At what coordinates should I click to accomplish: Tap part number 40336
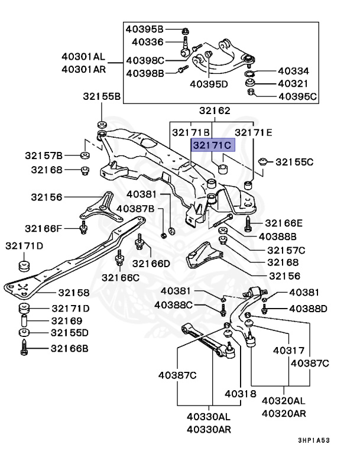point(147,41)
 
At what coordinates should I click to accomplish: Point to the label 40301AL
point(83,57)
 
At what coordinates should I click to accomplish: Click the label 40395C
point(298,96)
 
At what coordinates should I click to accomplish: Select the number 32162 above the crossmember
point(214,111)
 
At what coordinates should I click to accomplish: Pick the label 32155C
point(294,161)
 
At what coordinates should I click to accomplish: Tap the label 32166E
point(283,223)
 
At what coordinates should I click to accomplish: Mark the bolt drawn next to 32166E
point(248,223)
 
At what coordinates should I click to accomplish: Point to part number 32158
point(73,293)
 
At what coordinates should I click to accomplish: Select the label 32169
point(65,320)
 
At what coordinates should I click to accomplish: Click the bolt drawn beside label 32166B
point(24,349)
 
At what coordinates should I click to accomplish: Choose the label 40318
point(240,394)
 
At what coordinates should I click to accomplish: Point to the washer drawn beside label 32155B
point(100,124)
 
